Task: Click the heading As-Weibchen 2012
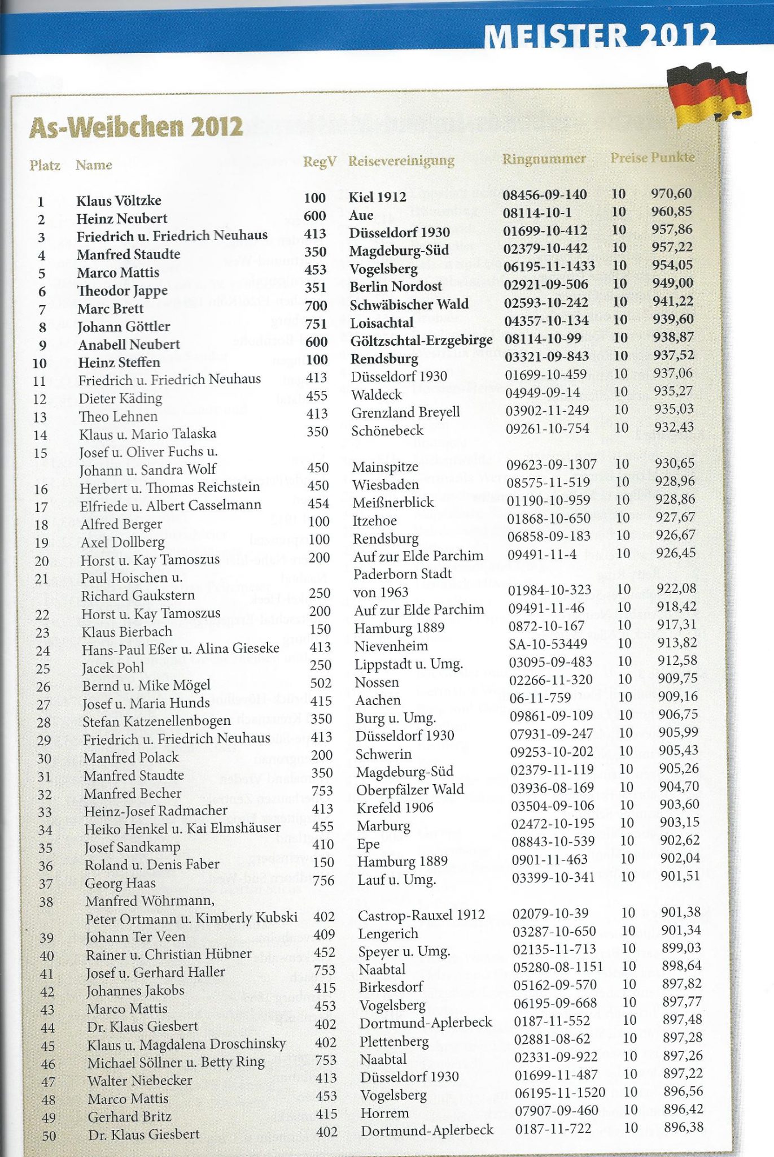[x=136, y=127]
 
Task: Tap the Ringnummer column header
[x=544, y=159]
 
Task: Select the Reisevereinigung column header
[x=401, y=161]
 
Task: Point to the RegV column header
[x=320, y=162]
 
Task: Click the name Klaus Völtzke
[x=119, y=201]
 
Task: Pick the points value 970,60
[x=671, y=194]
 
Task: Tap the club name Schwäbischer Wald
[x=409, y=305]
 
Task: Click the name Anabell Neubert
[x=129, y=345]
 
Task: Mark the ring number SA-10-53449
[x=548, y=643]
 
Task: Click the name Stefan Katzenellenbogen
[x=156, y=721]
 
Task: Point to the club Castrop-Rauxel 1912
[x=421, y=915]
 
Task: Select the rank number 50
[x=49, y=1136]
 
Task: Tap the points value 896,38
[x=684, y=1127]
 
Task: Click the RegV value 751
[x=316, y=323]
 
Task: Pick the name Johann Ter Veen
[x=135, y=937]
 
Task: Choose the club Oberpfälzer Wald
[x=410, y=790]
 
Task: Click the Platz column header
[x=45, y=166]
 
